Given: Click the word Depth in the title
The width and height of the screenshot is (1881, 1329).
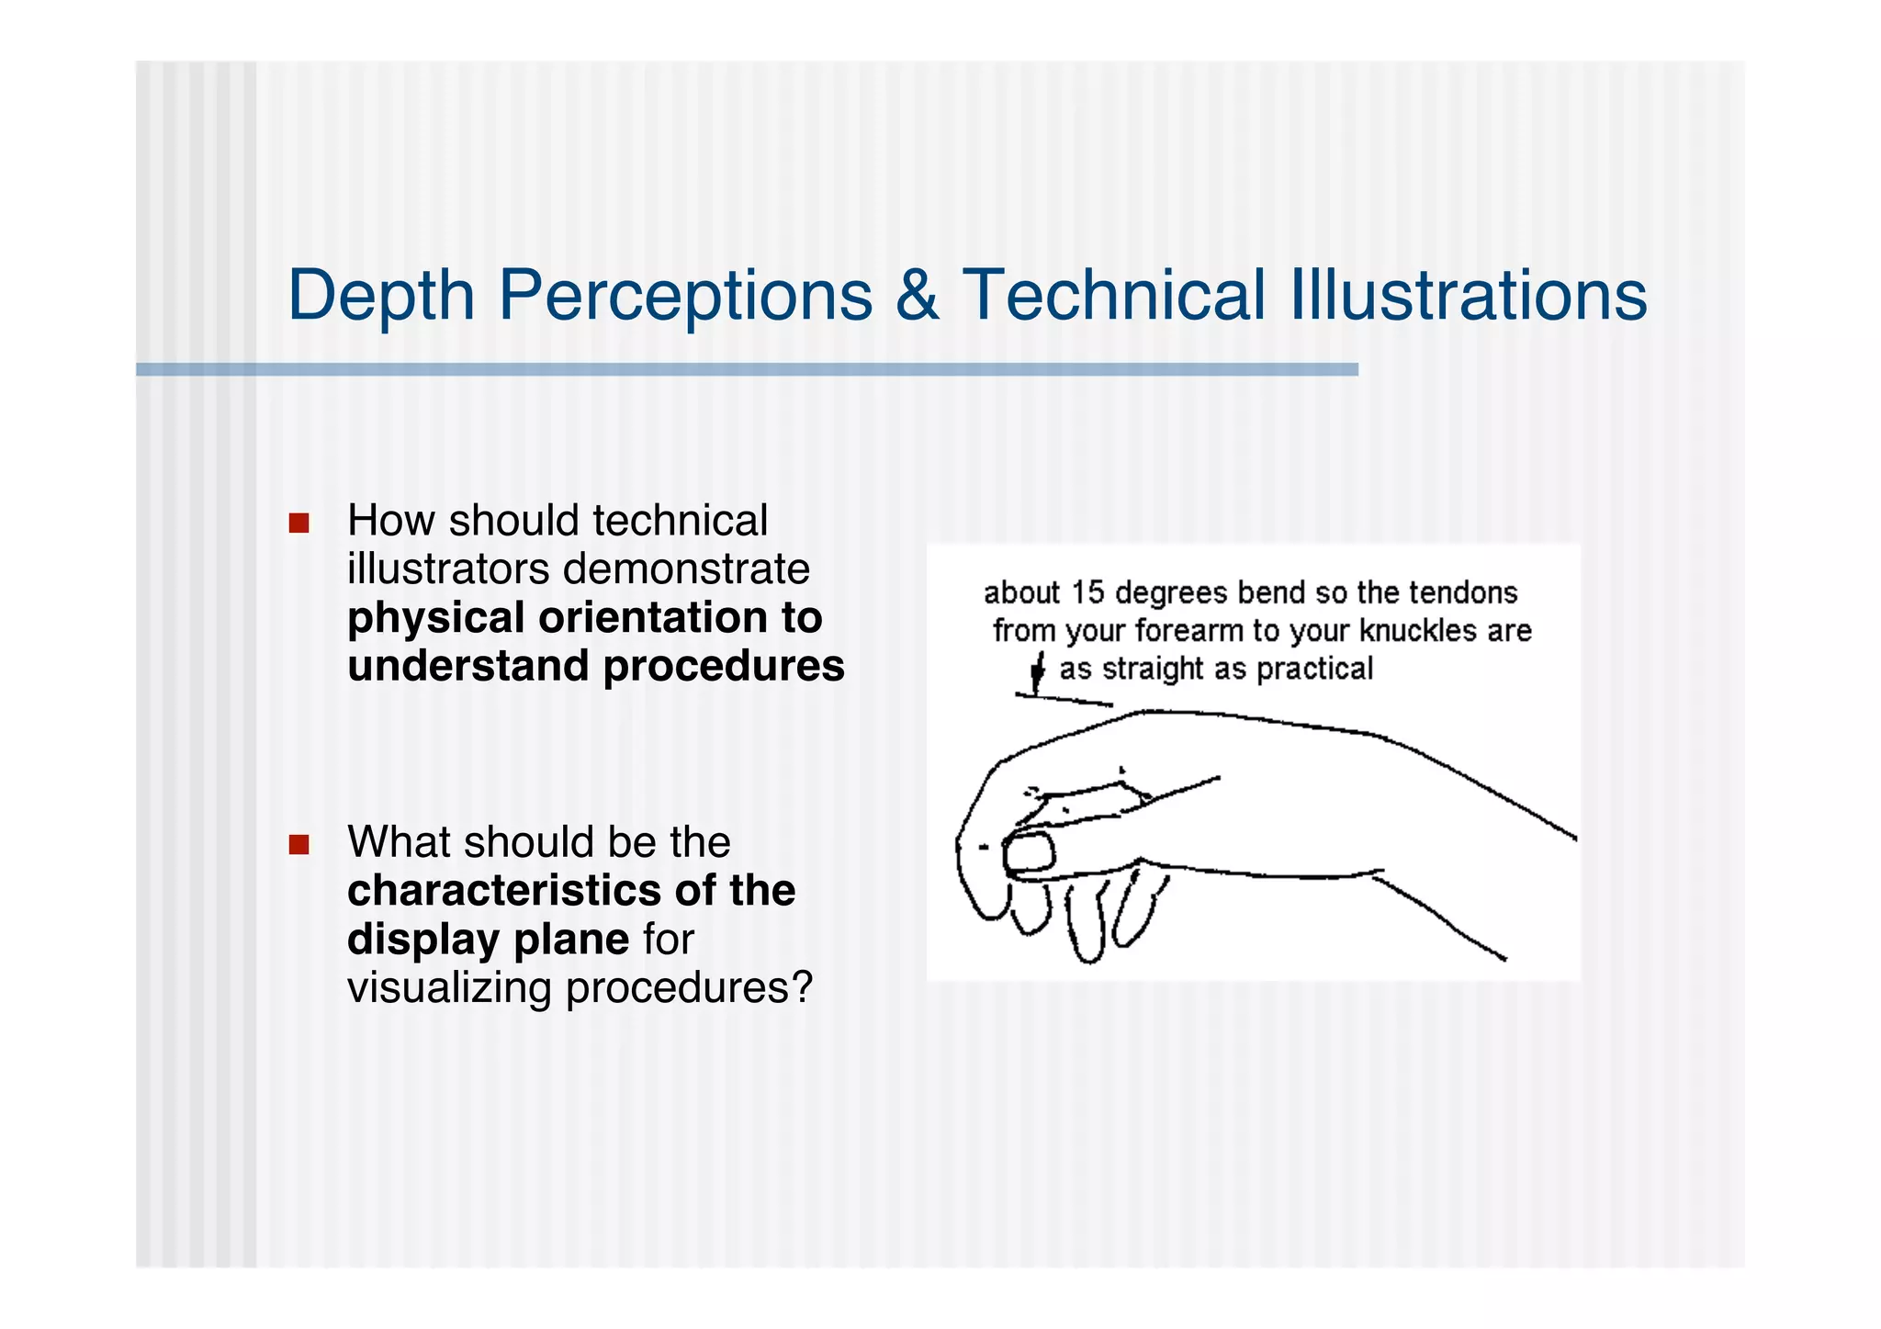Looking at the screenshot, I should pos(380,296).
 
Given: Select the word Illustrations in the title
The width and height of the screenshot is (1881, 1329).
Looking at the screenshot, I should pos(1469,296).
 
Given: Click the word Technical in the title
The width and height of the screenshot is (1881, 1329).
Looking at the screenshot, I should pos(1114,296).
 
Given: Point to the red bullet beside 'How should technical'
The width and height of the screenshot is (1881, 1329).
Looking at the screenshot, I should pos(298,524).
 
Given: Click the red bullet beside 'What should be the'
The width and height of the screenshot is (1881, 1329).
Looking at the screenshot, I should pos(298,844).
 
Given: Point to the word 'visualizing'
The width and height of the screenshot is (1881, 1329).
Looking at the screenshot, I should pos(449,987).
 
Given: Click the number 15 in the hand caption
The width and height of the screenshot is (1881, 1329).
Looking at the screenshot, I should pos(1087,592).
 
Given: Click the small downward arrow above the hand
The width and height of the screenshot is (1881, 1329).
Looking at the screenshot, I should pos(1037,672).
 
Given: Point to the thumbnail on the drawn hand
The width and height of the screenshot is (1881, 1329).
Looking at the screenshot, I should pos(1029,853).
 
